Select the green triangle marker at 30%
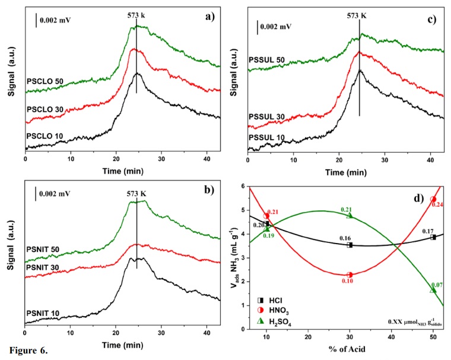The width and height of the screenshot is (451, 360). [x=350, y=215]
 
